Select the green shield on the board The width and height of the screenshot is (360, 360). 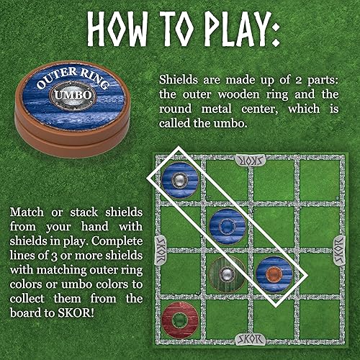[225, 271]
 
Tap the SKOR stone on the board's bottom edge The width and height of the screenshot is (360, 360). [248, 338]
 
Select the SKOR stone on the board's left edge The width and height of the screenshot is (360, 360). [158, 248]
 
